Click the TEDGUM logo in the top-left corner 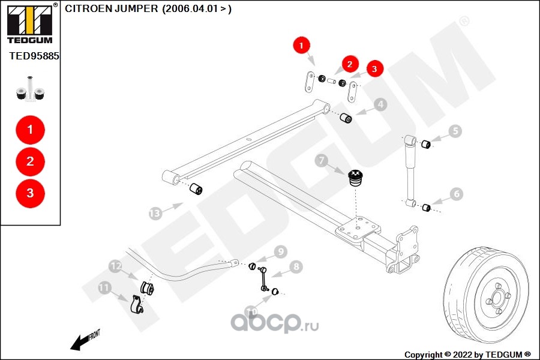(x=30, y=23)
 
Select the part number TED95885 (x=34, y=56)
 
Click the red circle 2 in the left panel (x=31, y=161)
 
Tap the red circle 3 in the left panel (x=31, y=193)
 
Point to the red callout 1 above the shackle (x=302, y=45)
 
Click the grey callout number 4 (x=380, y=104)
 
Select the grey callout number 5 (x=455, y=131)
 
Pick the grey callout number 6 (x=457, y=194)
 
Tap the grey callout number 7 (x=322, y=160)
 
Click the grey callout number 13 (x=155, y=214)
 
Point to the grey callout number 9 (x=281, y=251)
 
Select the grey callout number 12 (x=115, y=266)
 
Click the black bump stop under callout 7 (x=355, y=178)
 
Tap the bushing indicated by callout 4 (x=346, y=118)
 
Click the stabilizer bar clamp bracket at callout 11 (x=137, y=304)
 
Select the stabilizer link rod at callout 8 (x=263, y=278)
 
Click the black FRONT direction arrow (x=81, y=343)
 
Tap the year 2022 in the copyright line (x=462, y=355)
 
